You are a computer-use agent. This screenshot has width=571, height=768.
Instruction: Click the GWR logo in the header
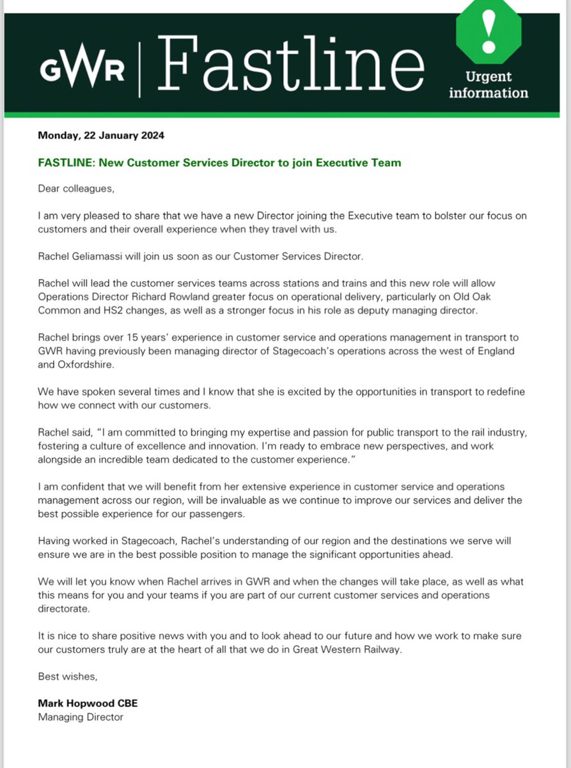point(81,70)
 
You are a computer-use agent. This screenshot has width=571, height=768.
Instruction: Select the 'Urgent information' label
point(489,84)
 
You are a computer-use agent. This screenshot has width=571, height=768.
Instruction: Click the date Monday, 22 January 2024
point(101,135)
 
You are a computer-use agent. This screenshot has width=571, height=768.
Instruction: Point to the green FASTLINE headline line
point(219,163)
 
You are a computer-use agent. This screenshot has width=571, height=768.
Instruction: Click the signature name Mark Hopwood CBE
point(88,703)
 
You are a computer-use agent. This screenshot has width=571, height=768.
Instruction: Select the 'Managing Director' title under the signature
point(81,717)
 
